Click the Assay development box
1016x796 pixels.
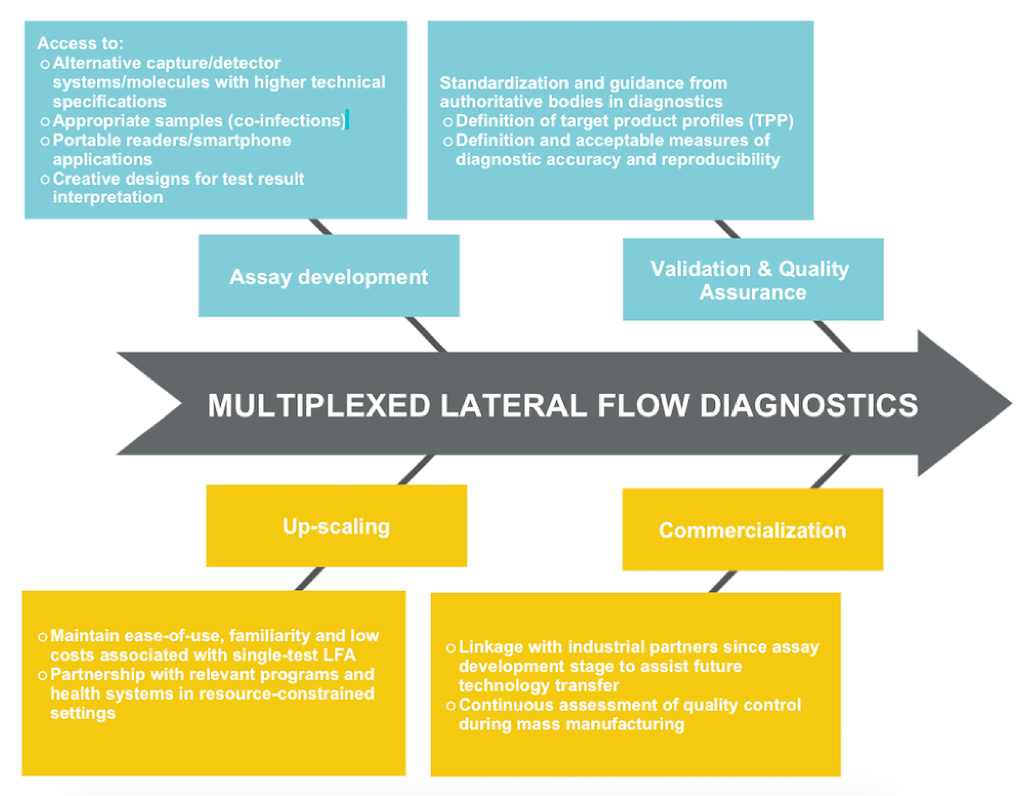point(329,276)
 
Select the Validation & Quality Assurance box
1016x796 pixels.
point(752,279)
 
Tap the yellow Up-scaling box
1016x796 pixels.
point(336,526)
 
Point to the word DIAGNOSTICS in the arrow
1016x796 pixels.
point(808,405)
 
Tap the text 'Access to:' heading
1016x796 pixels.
point(80,43)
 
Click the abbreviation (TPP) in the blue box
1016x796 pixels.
point(771,121)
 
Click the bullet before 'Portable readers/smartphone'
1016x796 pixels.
point(45,141)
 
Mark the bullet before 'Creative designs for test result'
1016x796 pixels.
point(45,179)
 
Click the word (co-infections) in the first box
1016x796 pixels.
point(287,121)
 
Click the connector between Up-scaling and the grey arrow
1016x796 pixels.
point(415,470)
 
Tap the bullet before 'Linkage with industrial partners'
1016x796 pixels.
point(450,648)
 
